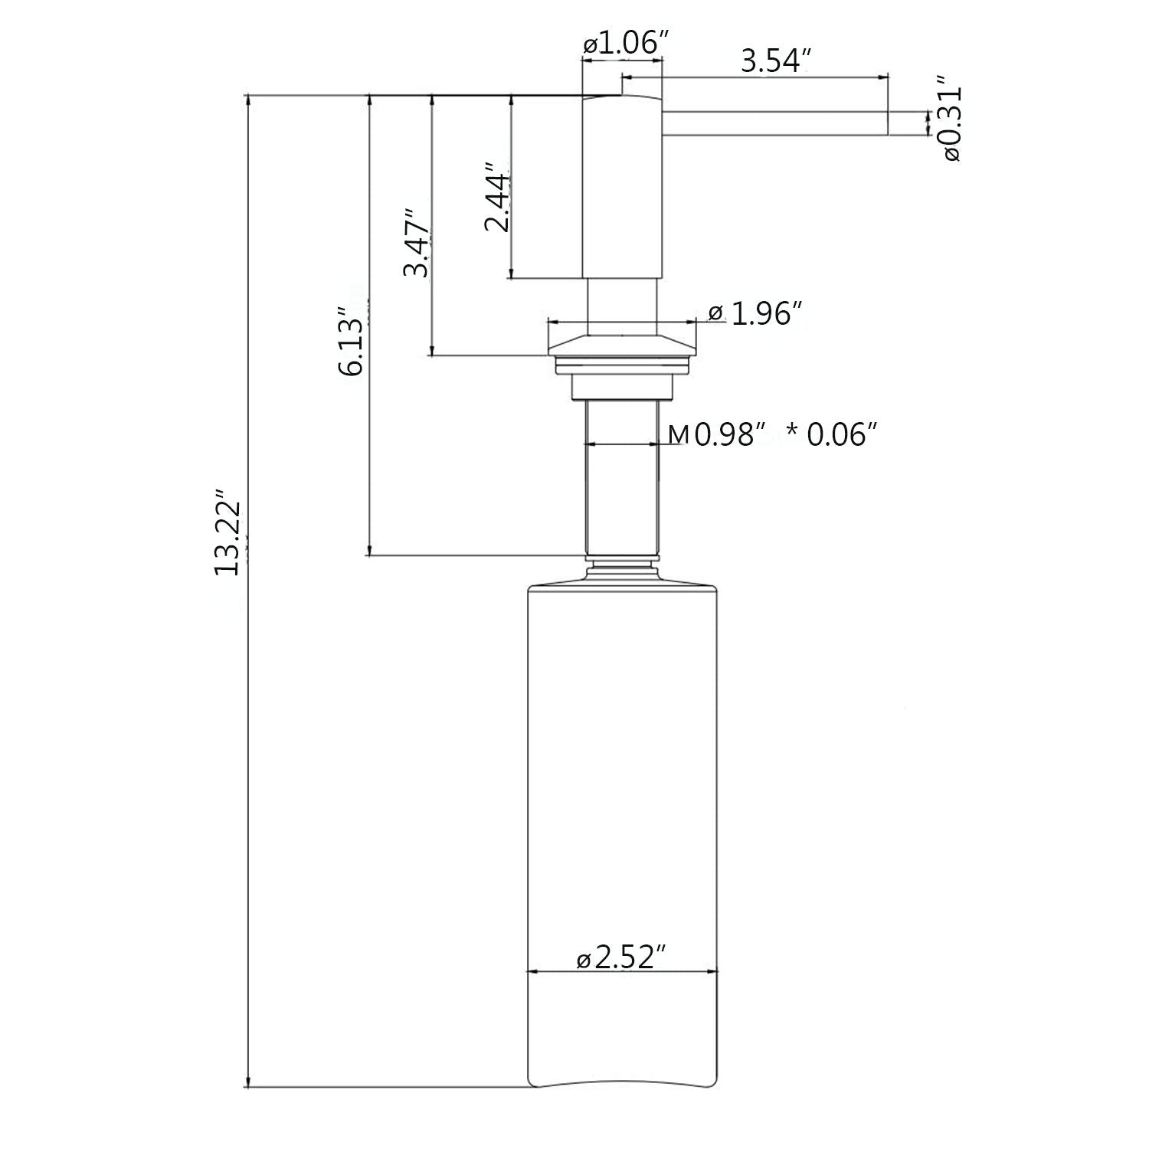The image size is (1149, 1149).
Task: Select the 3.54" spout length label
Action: pos(775,61)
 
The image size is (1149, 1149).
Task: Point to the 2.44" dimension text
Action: pos(497,197)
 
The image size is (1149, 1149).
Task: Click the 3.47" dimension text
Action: pos(417,243)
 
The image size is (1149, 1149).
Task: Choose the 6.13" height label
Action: pos(355,342)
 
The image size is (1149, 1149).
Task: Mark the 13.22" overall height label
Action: pos(229,532)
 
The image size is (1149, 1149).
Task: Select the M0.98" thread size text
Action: pos(717,434)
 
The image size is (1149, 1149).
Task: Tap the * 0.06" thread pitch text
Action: pos(832,434)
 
